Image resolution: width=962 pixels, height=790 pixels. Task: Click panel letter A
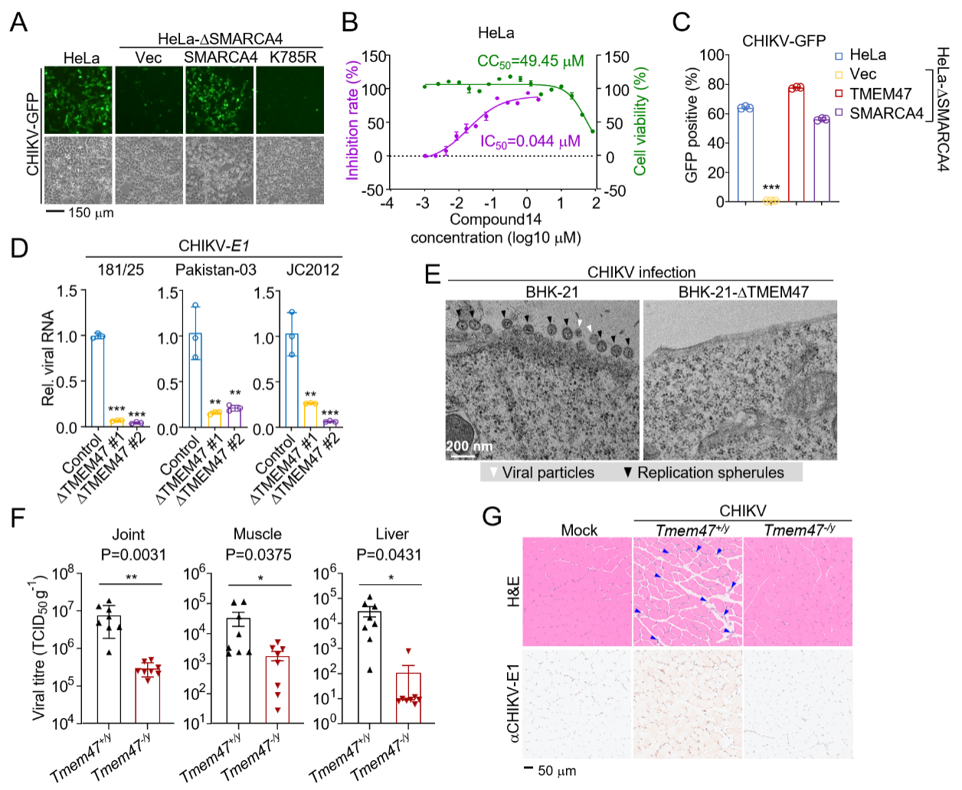click(x=18, y=22)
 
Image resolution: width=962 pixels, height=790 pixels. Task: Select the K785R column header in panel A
click(x=293, y=57)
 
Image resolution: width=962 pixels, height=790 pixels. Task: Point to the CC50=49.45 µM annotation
click(x=530, y=61)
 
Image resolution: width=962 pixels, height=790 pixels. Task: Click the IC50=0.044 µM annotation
click(x=530, y=142)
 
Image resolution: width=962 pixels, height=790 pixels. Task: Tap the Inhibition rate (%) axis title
click(x=352, y=121)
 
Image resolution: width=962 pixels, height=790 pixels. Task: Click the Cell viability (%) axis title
click(x=640, y=121)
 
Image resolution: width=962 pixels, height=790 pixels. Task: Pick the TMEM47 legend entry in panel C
click(x=880, y=94)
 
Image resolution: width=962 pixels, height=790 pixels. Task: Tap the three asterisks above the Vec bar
click(x=771, y=188)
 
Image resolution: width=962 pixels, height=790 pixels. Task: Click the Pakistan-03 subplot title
click(x=216, y=270)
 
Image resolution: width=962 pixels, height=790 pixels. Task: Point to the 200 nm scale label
click(x=469, y=446)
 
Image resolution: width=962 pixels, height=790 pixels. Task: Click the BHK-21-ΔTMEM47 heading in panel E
click(x=743, y=292)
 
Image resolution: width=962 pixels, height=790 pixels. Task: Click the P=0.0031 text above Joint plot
click(x=133, y=555)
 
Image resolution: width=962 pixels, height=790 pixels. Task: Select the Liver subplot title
click(x=392, y=534)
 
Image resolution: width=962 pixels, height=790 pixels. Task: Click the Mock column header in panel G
click(x=579, y=530)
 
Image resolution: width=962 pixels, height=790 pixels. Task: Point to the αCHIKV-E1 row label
click(x=513, y=703)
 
